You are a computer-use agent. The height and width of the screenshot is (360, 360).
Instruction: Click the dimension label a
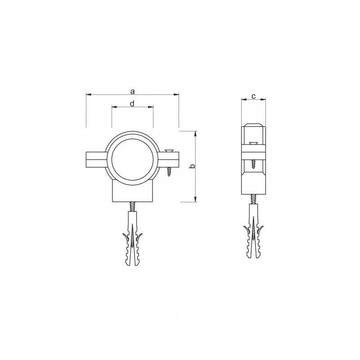132,92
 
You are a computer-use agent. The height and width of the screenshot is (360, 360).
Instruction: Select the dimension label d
132,104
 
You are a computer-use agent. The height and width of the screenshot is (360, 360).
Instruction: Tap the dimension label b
193,166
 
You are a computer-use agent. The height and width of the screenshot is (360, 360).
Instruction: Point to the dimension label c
253,96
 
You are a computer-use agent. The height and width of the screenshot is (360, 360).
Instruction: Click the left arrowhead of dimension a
89,94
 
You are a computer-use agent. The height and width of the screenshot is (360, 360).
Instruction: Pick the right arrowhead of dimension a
176,94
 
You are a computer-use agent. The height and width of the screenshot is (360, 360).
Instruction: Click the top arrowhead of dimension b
195,134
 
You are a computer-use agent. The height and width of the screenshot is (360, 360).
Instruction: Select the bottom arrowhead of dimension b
195,199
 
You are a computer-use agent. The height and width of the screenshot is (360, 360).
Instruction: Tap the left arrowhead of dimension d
114,107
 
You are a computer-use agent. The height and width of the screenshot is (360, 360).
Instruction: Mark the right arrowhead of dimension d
150,107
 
